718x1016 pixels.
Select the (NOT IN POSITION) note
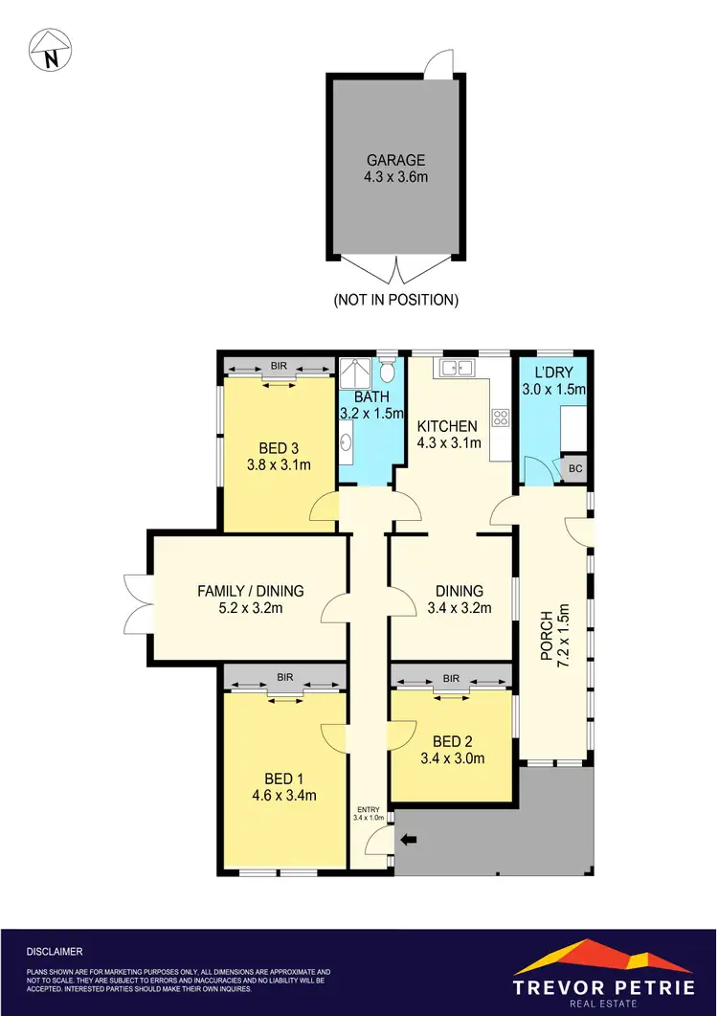[x=395, y=300]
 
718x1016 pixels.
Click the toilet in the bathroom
[x=386, y=370]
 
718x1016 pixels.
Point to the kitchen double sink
[x=451, y=367]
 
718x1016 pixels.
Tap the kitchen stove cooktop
[x=500, y=417]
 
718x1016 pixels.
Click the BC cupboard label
[x=575, y=468]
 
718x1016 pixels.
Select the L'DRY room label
[x=552, y=372]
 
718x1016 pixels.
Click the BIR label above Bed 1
[x=284, y=677]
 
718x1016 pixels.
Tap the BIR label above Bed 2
[x=451, y=678]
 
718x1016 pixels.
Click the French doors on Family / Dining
[x=137, y=601]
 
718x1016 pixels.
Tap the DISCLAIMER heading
[x=56, y=951]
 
